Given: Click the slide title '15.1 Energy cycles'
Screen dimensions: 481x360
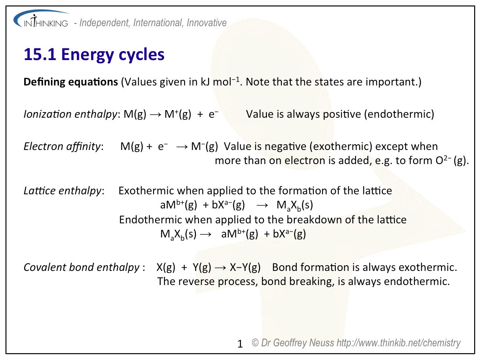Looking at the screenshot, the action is click(x=94, y=54).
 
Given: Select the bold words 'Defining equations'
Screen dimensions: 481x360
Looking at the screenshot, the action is click(x=71, y=82).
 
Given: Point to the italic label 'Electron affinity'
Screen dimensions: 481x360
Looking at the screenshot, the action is click(x=62, y=146).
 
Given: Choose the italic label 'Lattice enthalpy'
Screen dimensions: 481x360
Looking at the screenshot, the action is click(x=62, y=191).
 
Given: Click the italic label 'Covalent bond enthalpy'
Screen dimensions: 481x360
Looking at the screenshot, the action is click(x=82, y=267).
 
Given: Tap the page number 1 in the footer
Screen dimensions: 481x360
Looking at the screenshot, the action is click(x=240, y=344).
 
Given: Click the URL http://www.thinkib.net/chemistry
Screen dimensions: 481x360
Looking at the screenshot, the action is click(x=398, y=343).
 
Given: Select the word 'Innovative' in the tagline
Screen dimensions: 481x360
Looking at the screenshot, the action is click(x=206, y=23).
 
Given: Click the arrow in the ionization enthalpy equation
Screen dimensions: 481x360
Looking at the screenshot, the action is click(x=156, y=114).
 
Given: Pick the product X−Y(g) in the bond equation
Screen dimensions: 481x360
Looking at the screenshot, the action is click(x=245, y=267).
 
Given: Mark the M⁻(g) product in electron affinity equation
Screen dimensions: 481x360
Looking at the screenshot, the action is click(x=204, y=146).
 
